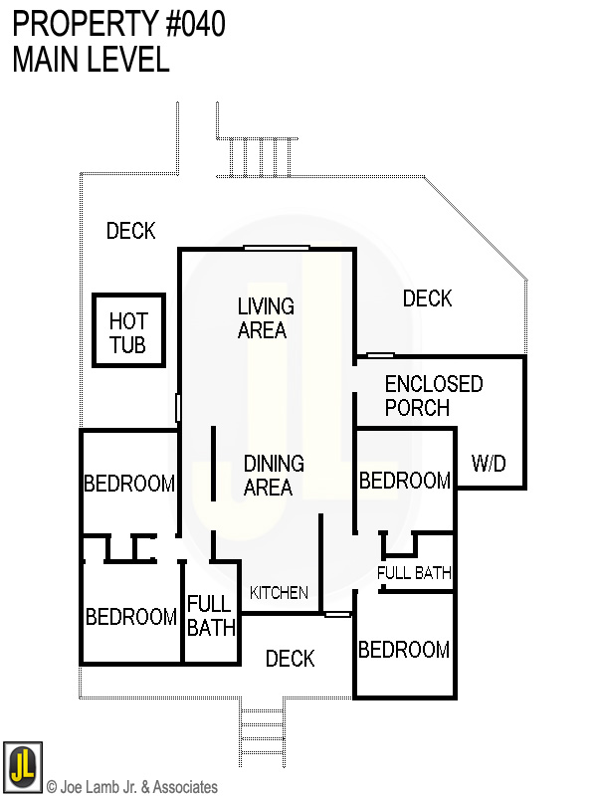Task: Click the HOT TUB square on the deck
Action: (x=128, y=331)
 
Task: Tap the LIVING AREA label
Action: (x=265, y=318)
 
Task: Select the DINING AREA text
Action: (x=274, y=476)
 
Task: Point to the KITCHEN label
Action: (x=279, y=593)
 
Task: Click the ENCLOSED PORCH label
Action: (x=433, y=396)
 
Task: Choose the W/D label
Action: (x=489, y=464)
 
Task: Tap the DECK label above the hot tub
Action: (x=131, y=231)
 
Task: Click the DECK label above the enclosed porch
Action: (x=428, y=298)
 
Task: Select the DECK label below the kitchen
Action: (x=291, y=659)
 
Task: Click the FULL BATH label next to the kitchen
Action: (x=211, y=616)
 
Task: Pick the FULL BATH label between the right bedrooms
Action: (x=415, y=573)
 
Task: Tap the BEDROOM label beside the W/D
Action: (x=405, y=482)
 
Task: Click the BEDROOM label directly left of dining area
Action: (x=129, y=485)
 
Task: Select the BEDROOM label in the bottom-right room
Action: (x=404, y=651)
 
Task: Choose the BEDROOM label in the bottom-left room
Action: (x=131, y=618)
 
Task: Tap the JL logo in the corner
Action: (x=22, y=763)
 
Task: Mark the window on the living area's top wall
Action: (x=277, y=248)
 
